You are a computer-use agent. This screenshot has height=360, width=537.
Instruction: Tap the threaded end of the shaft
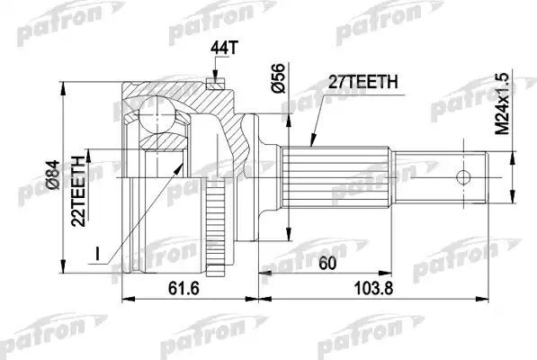[x=468, y=175]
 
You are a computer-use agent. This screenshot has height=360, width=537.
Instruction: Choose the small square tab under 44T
[x=214, y=84]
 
